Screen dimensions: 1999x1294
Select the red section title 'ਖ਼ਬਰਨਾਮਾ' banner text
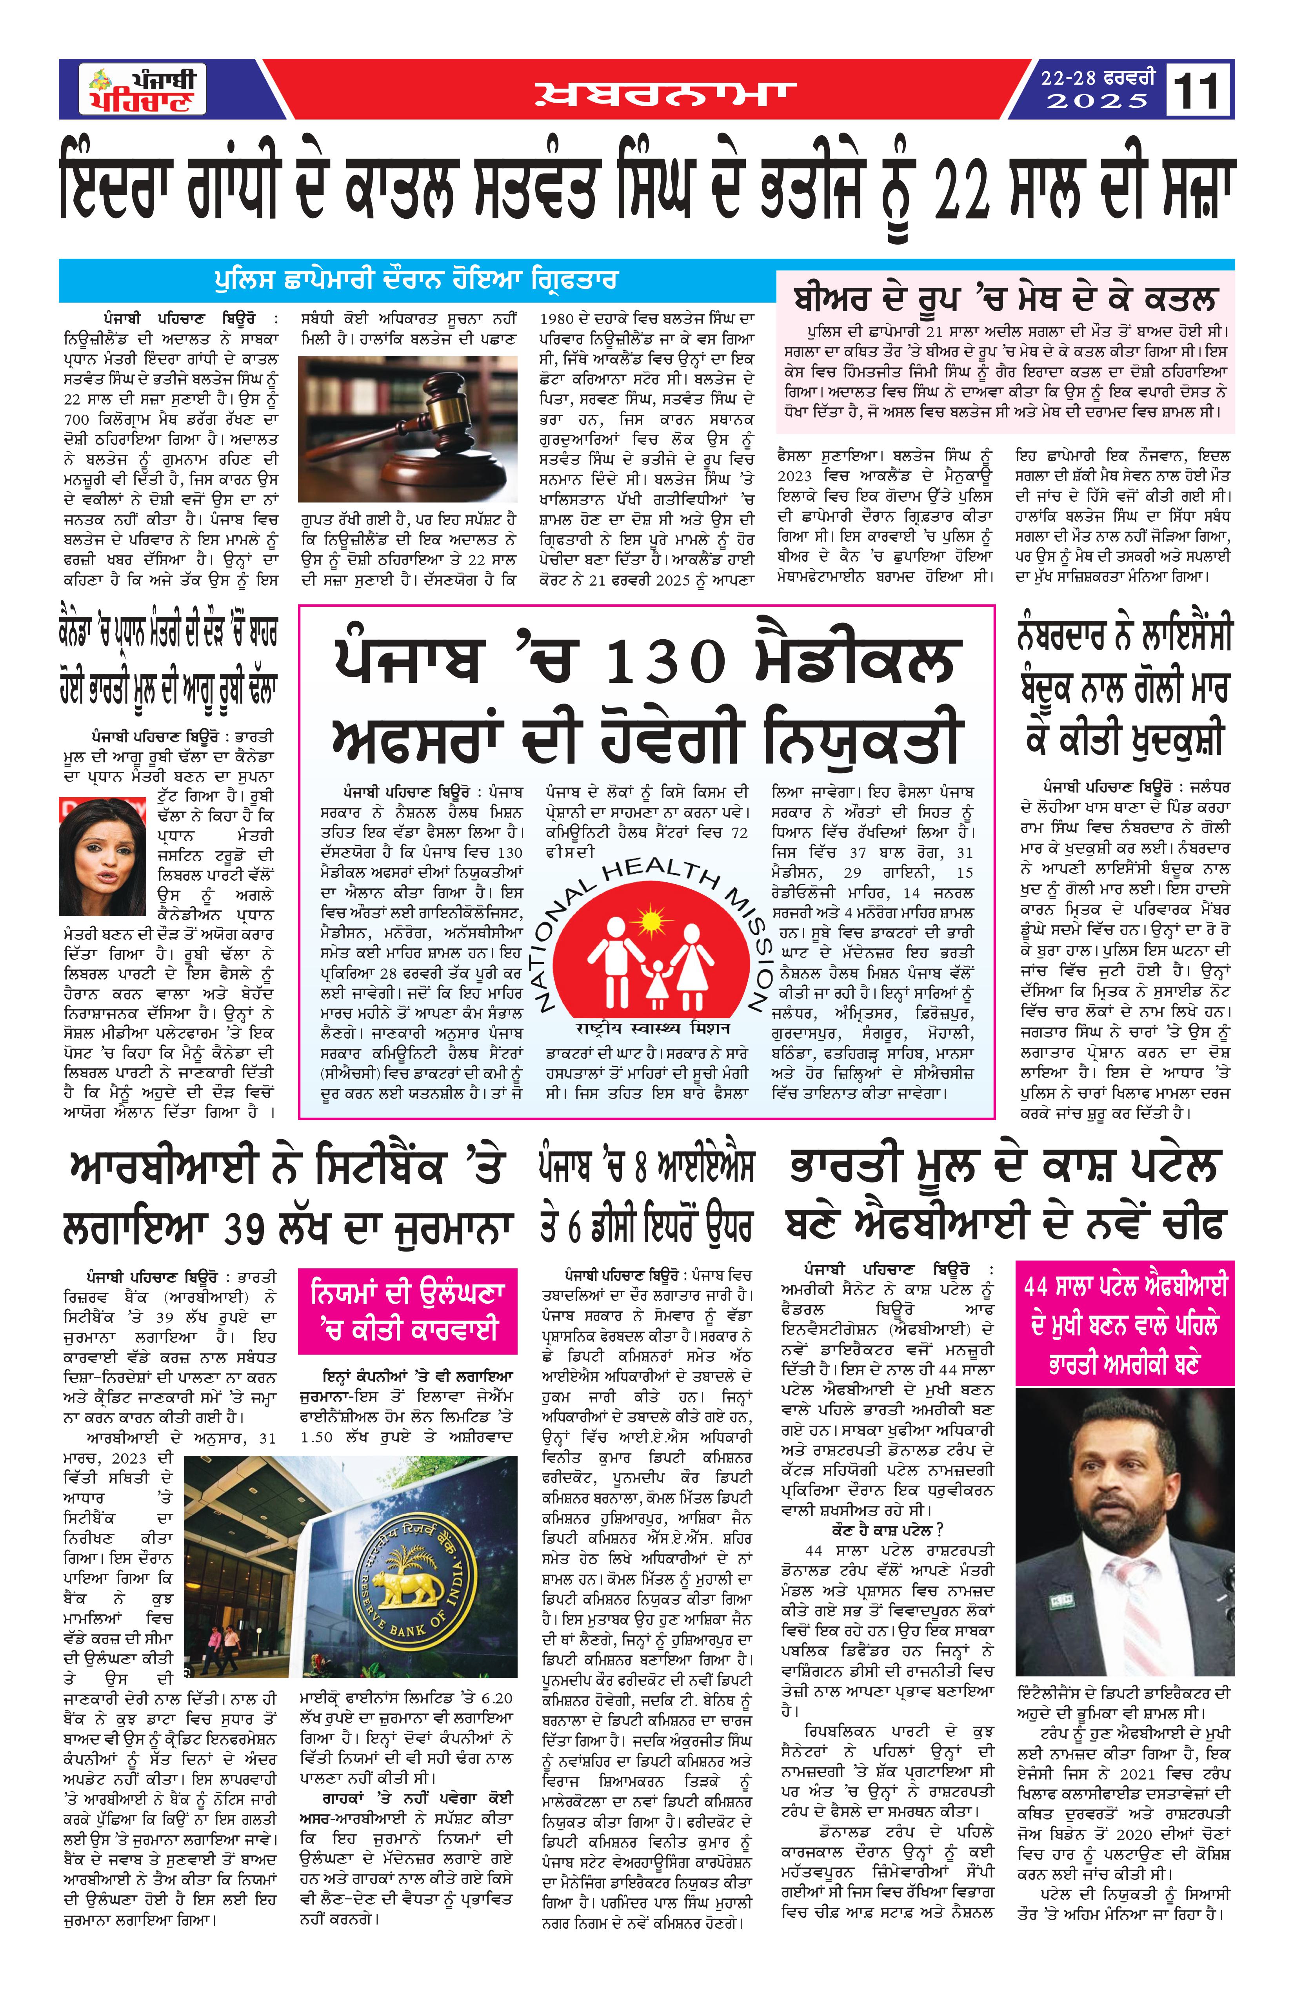point(664,94)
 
